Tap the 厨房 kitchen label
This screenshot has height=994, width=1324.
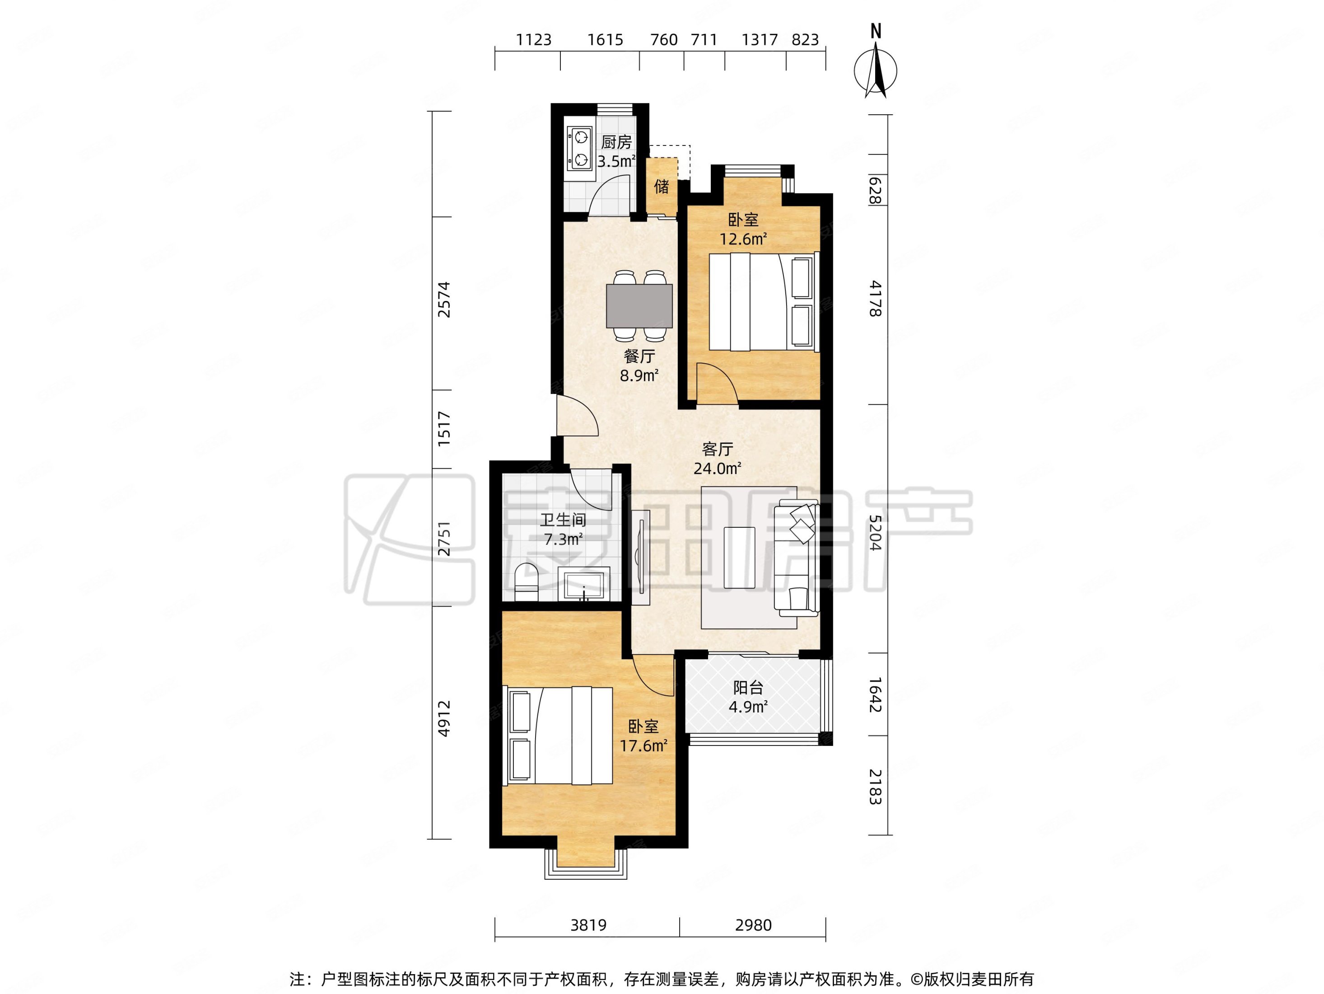(616, 142)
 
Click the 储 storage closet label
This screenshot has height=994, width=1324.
(662, 187)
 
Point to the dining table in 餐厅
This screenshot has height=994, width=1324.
(639, 306)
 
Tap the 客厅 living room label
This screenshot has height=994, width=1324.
(718, 449)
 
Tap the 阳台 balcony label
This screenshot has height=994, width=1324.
(748, 688)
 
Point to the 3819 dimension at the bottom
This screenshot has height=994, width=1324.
(588, 925)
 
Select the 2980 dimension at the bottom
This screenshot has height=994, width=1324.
(753, 925)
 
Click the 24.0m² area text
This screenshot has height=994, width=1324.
(718, 468)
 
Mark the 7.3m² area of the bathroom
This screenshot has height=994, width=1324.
(563, 539)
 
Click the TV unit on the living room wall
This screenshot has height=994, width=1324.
(640, 557)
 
